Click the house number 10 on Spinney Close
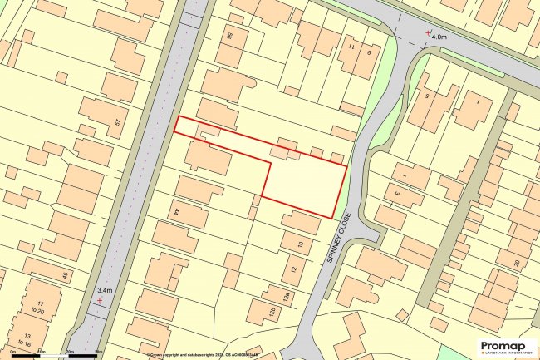click(300, 244)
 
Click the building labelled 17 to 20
click(40, 308)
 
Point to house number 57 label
click(117, 123)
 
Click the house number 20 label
click(516, 263)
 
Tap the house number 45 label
click(64, 275)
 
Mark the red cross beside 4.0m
click(428, 33)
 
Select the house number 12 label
click(293, 270)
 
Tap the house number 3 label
click(396, 191)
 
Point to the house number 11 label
click(351, 49)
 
